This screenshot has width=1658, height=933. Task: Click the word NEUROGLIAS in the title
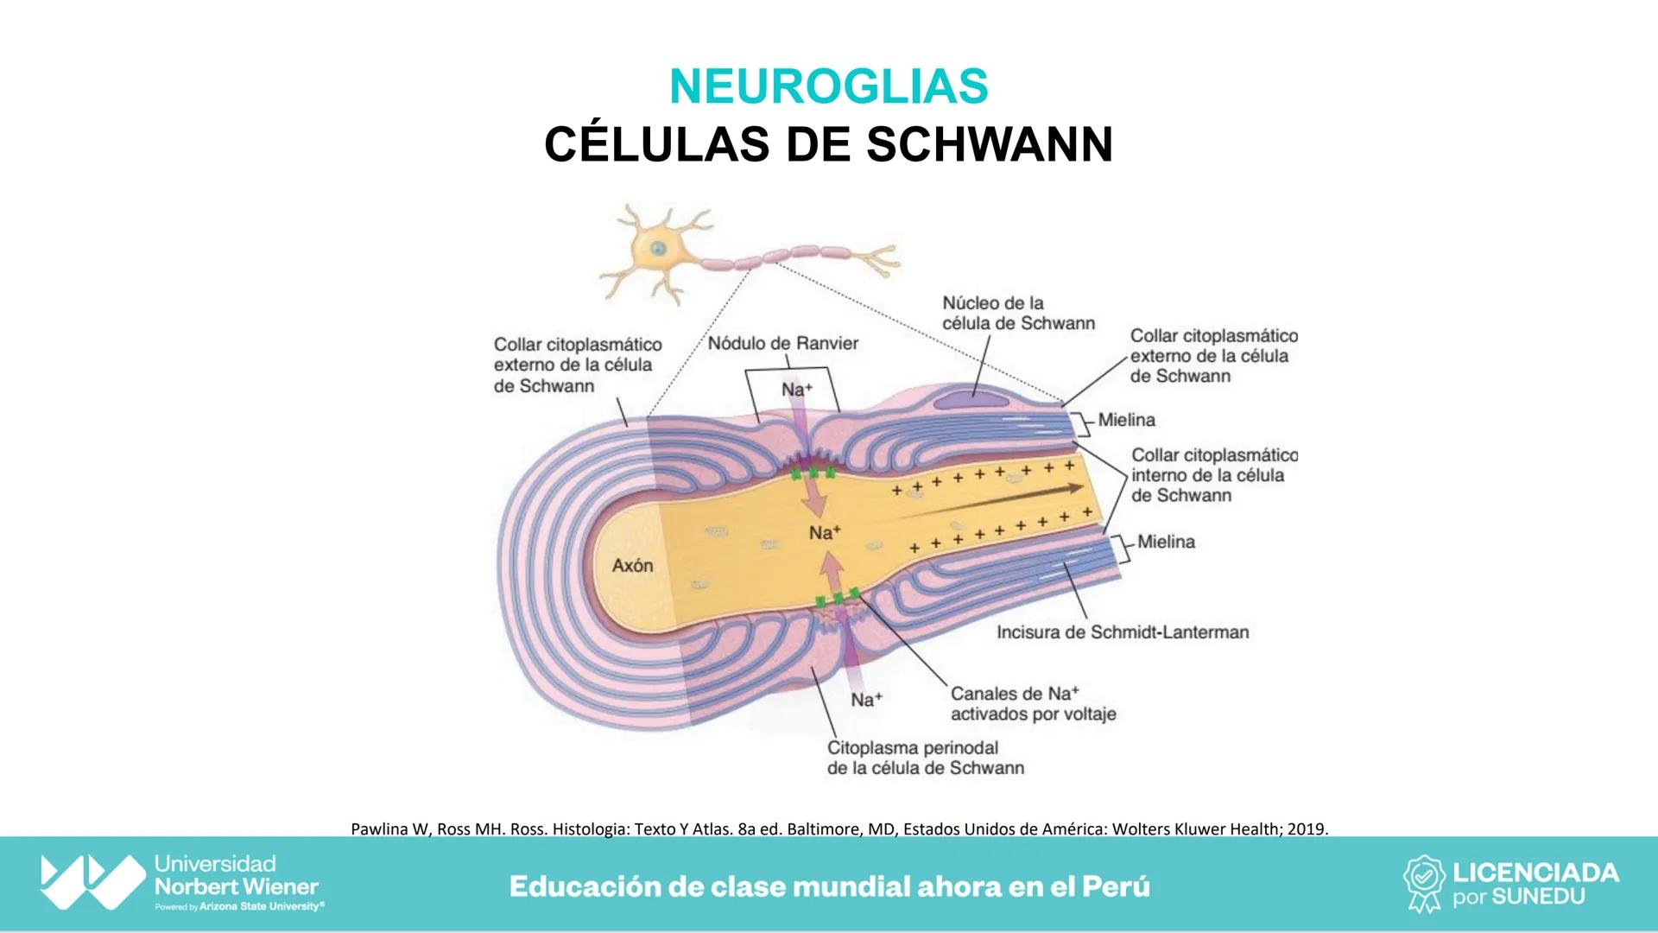(828, 86)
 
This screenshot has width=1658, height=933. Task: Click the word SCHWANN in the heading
(990, 144)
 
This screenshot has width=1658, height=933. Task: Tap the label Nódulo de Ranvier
(782, 344)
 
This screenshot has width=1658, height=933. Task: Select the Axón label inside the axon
(632, 566)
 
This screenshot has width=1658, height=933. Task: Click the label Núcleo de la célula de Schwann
(1017, 313)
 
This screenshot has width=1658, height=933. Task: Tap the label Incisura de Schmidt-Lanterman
(1122, 632)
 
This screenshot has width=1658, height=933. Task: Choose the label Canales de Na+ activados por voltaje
(1033, 703)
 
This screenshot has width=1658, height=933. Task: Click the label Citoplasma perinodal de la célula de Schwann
(925, 758)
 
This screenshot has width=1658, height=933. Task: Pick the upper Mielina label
(1126, 420)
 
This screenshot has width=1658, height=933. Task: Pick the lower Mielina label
(1166, 542)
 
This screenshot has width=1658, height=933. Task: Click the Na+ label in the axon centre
(825, 533)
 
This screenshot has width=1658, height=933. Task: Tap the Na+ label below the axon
(866, 700)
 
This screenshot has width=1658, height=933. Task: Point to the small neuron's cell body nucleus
(659, 249)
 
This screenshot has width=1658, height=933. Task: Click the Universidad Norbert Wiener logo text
(236, 883)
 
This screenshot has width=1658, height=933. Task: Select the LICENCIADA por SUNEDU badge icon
(1424, 883)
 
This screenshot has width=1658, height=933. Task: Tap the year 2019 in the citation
(1307, 829)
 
